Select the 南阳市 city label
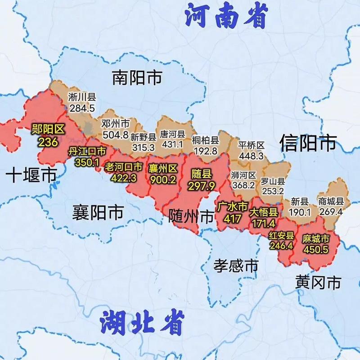click(x=137, y=78)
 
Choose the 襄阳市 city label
click(x=98, y=211)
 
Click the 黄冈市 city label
click(x=318, y=283)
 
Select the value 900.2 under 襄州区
click(x=163, y=179)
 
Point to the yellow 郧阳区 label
click(x=48, y=131)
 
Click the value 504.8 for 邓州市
click(x=115, y=135)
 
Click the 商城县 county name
click(x=331, y=201)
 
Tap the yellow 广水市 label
click(x=232, y=207)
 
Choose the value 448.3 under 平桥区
click(x=252, y=156)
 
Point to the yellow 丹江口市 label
click(x=87, y=152)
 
